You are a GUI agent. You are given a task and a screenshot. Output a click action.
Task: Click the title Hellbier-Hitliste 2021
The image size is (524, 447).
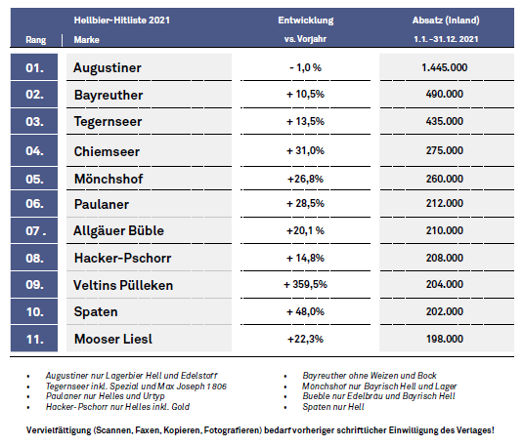(122, 20)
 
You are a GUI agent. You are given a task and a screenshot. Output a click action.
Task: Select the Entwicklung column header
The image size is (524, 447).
(306, 20)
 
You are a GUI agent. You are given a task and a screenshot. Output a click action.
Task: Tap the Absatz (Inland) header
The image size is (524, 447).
(446, 20)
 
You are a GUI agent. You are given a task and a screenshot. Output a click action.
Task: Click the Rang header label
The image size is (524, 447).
(36, 40)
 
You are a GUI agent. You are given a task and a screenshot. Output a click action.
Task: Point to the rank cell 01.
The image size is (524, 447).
(34, 67)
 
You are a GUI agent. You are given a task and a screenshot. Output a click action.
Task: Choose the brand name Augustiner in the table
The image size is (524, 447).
(108, 67)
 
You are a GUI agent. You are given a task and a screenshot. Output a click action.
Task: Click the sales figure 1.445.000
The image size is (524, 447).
(445, 67)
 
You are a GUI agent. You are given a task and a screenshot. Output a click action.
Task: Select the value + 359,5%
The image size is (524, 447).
(305, 285)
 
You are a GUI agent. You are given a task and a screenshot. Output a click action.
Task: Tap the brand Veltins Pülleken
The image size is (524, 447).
(123, 285)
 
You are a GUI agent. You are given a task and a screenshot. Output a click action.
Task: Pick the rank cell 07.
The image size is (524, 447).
(34, 230)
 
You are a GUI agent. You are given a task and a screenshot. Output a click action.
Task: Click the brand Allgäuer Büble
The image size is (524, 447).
(118, 231)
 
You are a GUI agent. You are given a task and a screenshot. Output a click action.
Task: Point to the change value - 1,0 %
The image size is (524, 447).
(305, 67)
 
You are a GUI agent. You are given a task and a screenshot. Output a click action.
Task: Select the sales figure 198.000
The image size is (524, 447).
(445, 339)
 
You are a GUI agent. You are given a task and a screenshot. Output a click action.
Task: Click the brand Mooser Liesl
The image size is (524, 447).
(113, 339)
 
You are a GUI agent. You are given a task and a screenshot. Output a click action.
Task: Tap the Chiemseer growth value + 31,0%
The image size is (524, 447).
(305, 150)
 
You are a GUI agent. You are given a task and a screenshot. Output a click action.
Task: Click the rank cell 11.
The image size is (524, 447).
(34, 339)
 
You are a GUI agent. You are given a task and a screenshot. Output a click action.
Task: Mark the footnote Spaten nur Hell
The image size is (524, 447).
(333, 407)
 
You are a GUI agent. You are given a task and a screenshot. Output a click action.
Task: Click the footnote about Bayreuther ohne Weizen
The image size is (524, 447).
(370, 376)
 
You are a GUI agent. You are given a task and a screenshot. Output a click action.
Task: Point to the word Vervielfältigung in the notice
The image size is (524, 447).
(59, 430)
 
